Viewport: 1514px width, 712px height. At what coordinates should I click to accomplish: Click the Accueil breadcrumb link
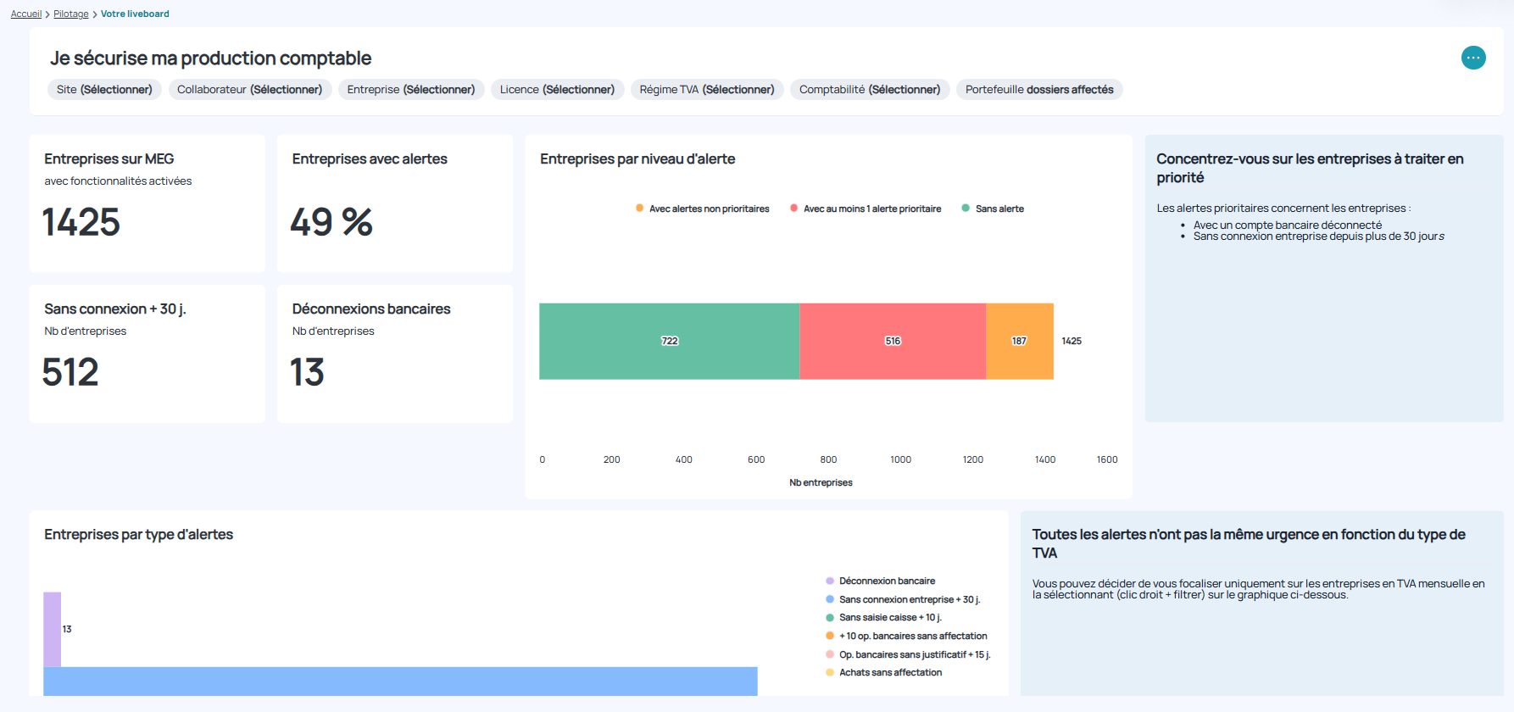26,14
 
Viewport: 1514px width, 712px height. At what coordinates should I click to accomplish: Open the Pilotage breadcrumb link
71,14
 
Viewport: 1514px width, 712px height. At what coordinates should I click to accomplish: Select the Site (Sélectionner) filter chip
104,90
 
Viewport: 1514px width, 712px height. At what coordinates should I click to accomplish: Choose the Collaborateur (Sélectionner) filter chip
249,90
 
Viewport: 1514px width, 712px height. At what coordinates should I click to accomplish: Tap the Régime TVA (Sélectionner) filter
707,90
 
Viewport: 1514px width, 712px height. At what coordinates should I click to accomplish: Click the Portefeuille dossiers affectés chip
1039,90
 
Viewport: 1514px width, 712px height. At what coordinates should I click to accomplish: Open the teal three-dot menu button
1473,58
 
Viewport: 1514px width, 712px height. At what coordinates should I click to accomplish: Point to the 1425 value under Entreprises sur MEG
81,222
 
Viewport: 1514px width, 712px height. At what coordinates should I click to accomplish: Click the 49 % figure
331,222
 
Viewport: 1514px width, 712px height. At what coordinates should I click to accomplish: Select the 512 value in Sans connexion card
70,372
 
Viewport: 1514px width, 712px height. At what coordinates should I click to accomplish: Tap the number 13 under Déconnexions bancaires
307,372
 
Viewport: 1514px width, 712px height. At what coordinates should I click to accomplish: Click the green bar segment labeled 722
669,341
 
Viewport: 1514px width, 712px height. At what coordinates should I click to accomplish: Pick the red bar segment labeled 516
893,341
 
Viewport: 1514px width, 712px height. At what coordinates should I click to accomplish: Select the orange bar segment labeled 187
1019,341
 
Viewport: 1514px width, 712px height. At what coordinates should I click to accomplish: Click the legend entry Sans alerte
999,209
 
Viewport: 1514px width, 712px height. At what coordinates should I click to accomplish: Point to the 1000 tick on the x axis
900,459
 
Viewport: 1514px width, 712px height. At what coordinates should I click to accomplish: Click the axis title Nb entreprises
821,482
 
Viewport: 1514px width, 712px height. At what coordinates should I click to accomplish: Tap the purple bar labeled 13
53,629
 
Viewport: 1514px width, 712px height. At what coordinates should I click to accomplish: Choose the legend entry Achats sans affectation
890,672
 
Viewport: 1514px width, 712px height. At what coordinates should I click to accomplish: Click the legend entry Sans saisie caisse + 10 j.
890,617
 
